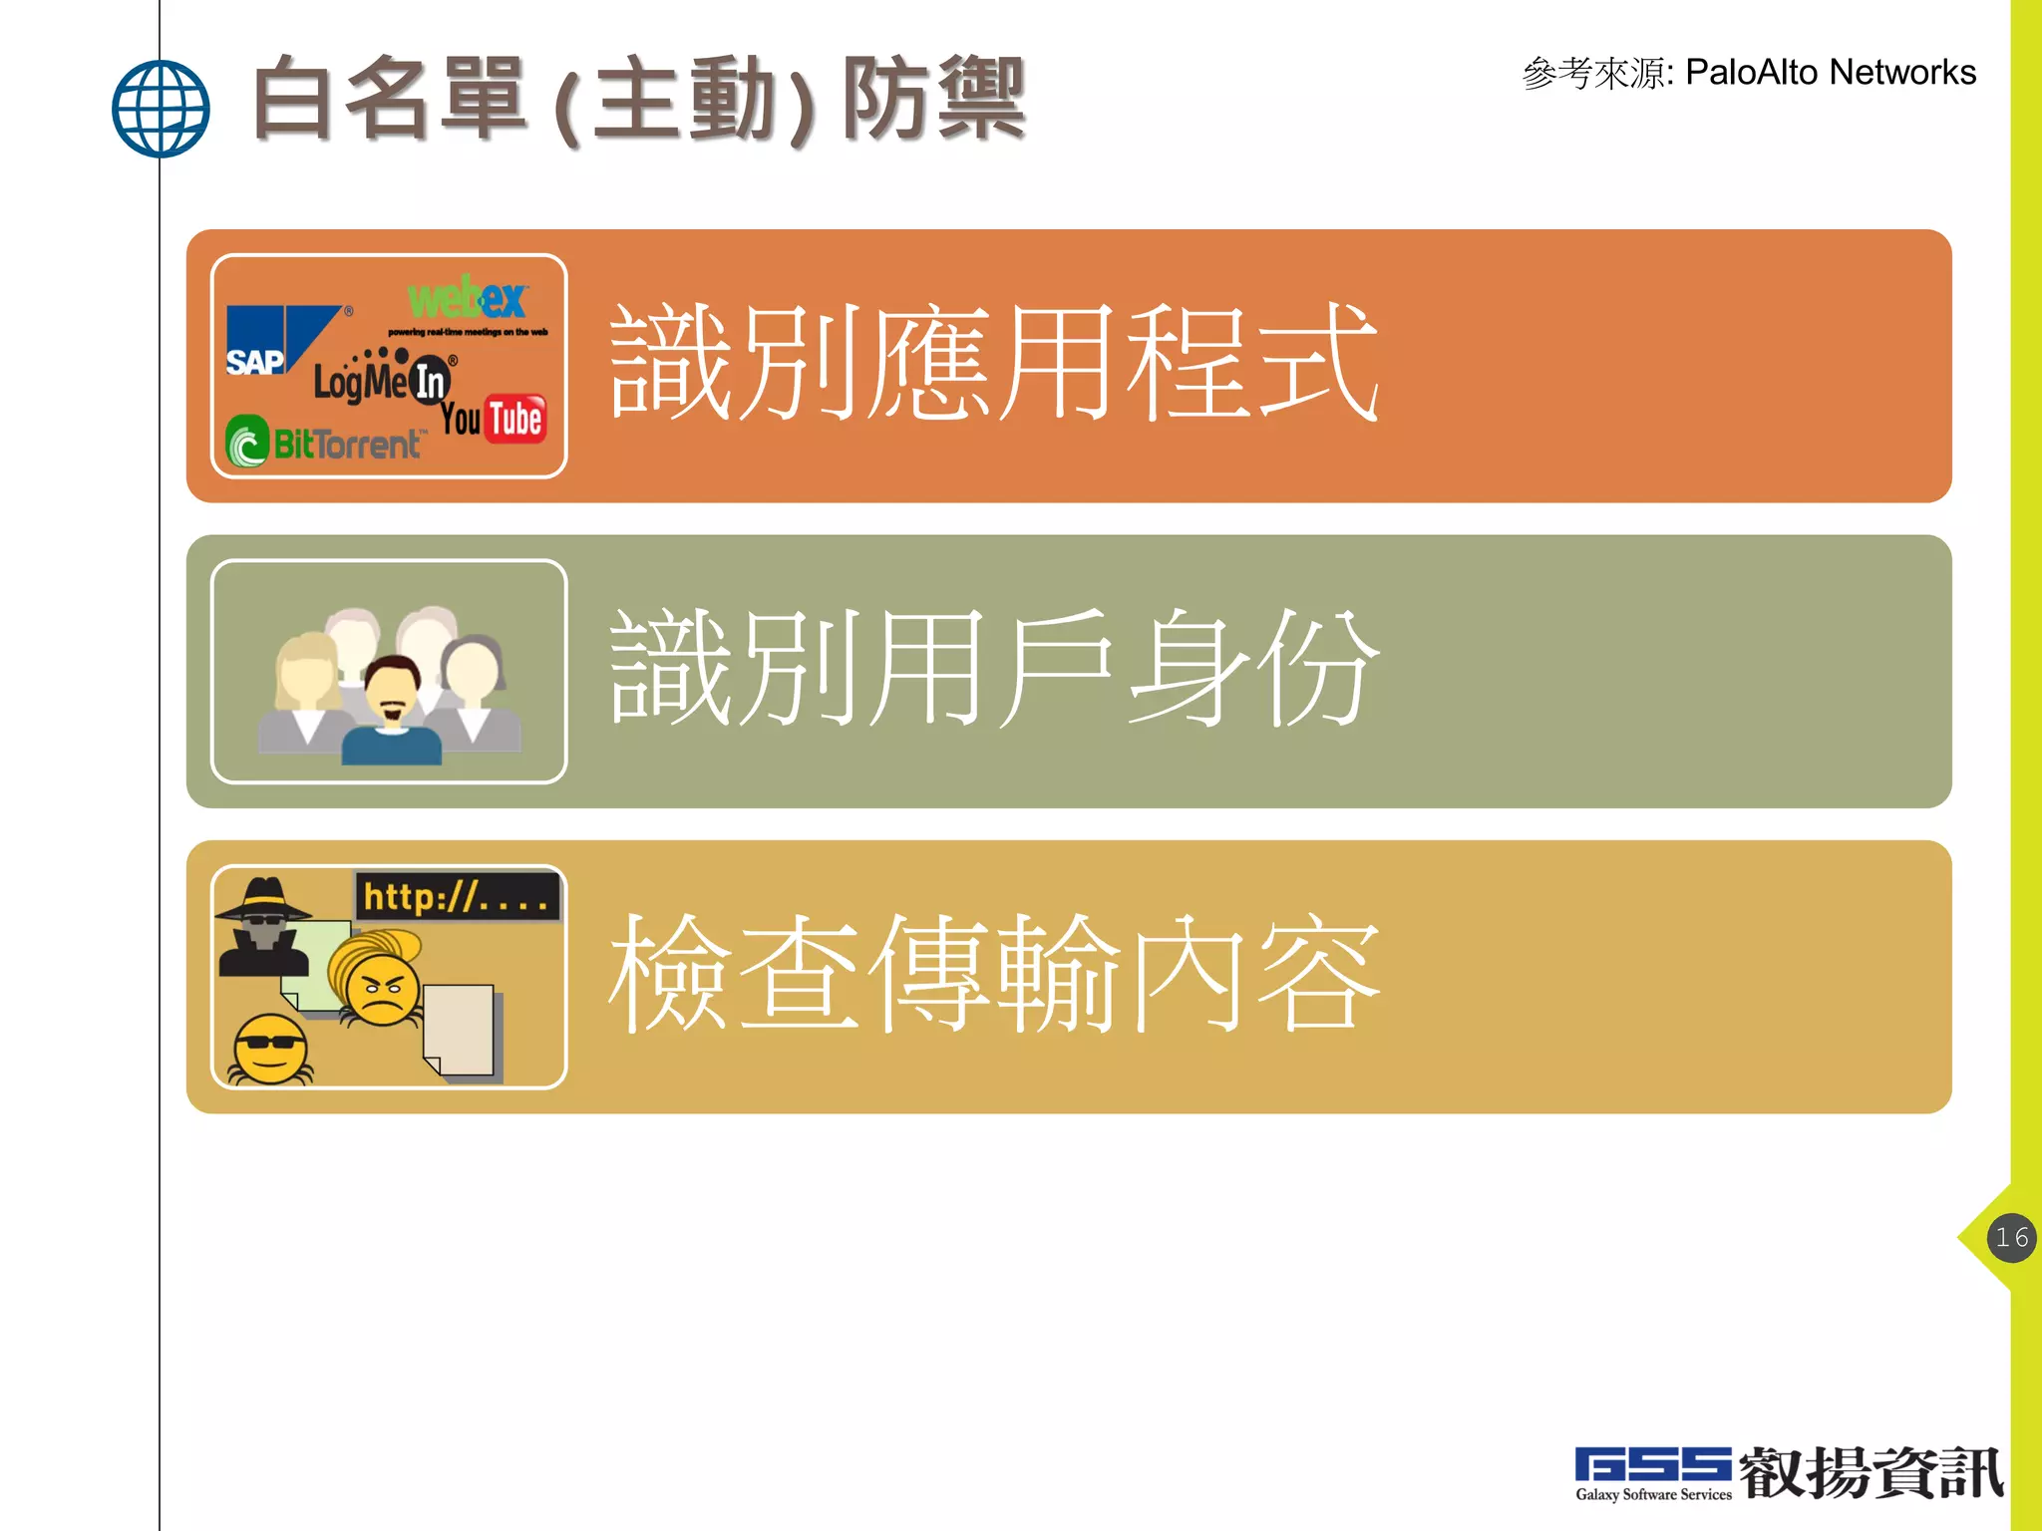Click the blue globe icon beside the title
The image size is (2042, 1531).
click(x=161, y=109)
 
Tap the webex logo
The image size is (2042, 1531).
click(x=467, y=300)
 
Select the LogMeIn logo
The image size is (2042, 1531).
click(x=384, y=379)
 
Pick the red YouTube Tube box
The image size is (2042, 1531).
click(x=515, y=419)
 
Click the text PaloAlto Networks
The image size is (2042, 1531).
click(x=1831, y=73)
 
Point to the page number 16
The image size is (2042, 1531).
click(x=2011, y=1238)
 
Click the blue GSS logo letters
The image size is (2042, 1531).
click(x=1652, y=1466)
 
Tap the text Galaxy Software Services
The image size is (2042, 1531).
click(x=1653, y=1494)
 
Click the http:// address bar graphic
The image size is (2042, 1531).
click(x=457, y=896)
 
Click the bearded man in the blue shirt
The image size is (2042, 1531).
click(x=392, y=712)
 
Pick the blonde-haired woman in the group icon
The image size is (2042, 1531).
click(x=307, y=688)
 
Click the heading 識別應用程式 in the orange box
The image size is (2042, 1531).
click(x=993, y=364)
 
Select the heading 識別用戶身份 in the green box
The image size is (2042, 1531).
click(x=993, y=670)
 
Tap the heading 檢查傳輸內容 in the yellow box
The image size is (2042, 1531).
click(x=993, y=975)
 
